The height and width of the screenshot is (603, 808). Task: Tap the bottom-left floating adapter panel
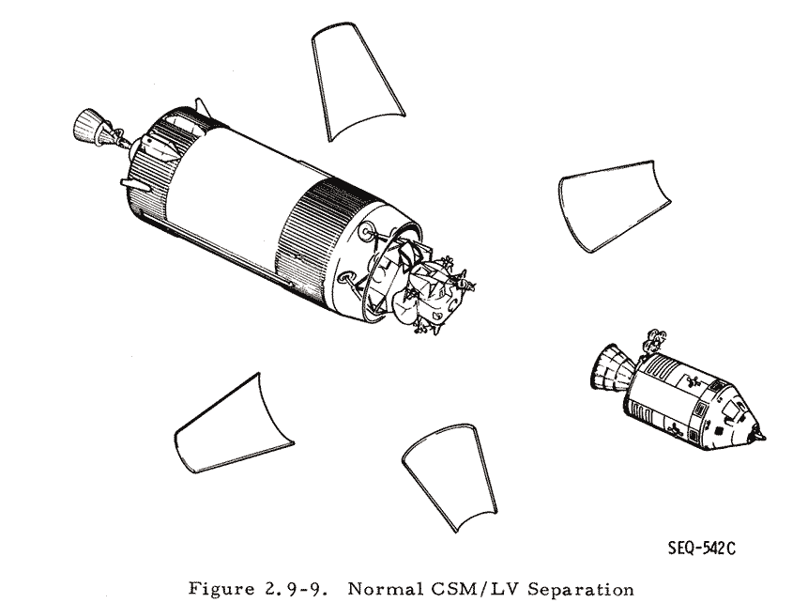click(232, 428)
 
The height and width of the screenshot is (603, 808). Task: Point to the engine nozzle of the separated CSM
click(611, 367)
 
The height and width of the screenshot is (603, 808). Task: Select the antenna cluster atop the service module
click(653, 340)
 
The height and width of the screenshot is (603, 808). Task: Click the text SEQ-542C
click(702, 548)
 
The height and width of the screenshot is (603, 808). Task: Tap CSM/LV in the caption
click(473, 589)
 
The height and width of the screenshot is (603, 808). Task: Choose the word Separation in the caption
click(581, 589)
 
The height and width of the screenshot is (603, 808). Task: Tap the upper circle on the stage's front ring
click(367, 232)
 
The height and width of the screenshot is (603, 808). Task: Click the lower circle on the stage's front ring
click(344, 279)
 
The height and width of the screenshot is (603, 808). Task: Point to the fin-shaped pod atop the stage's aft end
click(203, 109)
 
